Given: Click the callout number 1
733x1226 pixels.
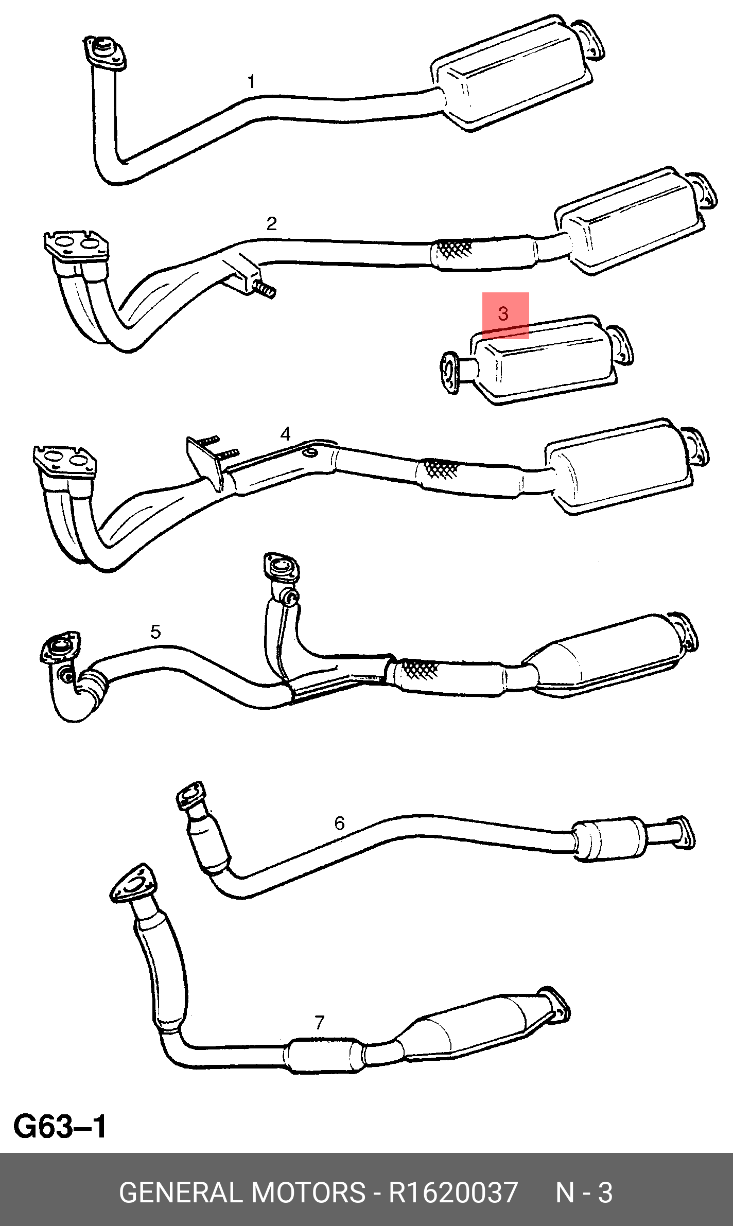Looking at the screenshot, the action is pyautogui.click(x=251, y=82).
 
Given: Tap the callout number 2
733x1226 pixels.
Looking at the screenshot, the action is pyautogui.click(x=271, y=223).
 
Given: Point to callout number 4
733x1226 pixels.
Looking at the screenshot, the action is pyautogui.click(x=285, y=434).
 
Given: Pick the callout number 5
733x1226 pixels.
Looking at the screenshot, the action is pyautogui.click(x=155, y=632).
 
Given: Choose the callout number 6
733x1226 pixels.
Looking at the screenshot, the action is pyautogui.click(x=339, y=824).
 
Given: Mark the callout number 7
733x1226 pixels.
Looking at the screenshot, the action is pyautogui.click(x=319, y=1022).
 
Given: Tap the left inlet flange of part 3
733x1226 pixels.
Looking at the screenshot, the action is pyautogui.click(x=450, y=372).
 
